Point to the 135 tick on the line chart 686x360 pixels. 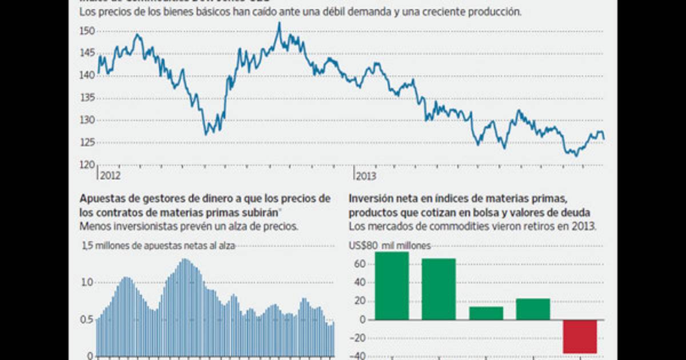[87, 98]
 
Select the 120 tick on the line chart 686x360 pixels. [87, 165]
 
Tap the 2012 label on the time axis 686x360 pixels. [110, 176]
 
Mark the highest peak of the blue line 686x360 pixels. [279, 23]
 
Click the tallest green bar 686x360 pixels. [392, 286]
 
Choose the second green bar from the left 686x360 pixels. [439, 289]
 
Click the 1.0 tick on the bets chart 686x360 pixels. [87, 282]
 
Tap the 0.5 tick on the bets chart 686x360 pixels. [87, 319]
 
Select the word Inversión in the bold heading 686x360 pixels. [369, 199]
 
